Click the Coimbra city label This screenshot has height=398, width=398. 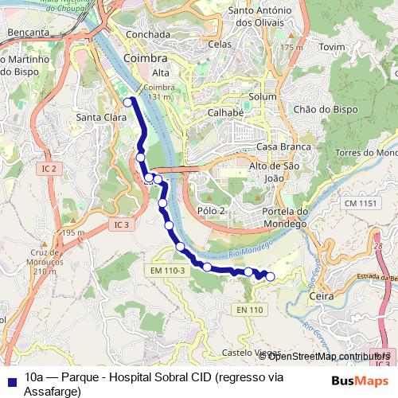coord(146,59)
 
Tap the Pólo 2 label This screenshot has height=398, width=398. coord(211,210)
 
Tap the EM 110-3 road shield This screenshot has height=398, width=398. coord(167,271)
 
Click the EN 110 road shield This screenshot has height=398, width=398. coord(249,309)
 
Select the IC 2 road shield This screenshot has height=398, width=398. coord(49,169)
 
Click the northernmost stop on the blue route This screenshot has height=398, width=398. coord(127,102)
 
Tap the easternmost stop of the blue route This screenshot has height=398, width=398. coord(270,276)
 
